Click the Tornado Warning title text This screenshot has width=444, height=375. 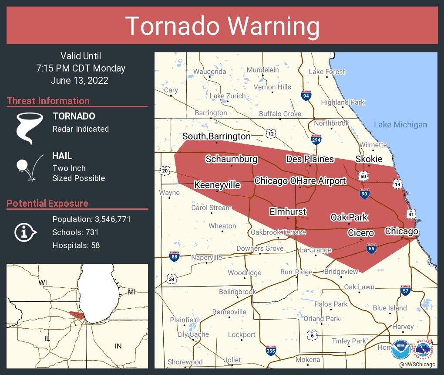tap(222, 26)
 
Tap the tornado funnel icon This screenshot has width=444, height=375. tap(30, 128)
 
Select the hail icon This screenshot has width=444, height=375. tap(29, 167)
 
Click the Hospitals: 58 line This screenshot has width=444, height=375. tap(76, 245)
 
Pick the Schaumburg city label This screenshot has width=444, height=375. tap(231, 159)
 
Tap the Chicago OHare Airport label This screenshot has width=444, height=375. tap(300, 181)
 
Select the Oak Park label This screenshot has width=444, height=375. tap(349, 217)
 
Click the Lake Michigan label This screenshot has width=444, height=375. tap(400, 125)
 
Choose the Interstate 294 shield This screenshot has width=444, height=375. tap(316, 140)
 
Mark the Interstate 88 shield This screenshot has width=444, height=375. tap(175, 256)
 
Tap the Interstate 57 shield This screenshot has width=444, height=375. tap(405, 290)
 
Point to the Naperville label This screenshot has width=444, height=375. tap(207, 257)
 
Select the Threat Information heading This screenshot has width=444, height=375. tap(48, 101)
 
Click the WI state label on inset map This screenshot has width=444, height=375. tap(43, 282)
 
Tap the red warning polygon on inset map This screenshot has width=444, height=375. tap(77, 314)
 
